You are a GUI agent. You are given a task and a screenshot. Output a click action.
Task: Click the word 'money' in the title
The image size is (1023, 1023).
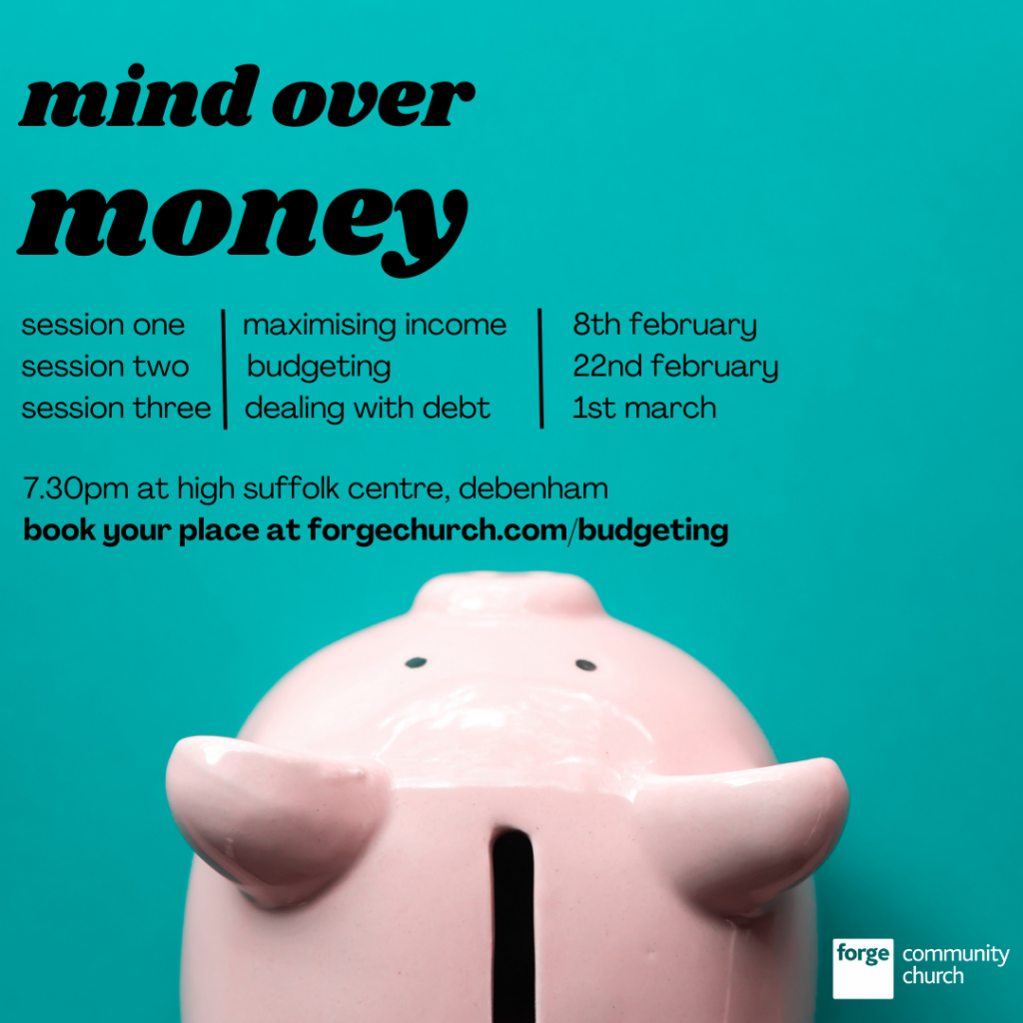pos(243,225)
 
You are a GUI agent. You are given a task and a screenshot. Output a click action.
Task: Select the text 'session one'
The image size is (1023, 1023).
pos(103,325)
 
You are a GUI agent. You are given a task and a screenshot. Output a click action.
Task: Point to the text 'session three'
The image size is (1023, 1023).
pos(116,409)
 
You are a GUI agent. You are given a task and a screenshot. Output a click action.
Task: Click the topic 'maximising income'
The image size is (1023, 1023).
pos(375,325)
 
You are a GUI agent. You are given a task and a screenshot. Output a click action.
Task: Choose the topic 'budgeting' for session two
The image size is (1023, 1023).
pos(319,368)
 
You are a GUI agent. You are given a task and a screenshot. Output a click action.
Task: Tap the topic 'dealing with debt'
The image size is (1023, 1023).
pos(367,409)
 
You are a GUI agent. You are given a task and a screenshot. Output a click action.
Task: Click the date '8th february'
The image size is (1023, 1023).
pos(664,325)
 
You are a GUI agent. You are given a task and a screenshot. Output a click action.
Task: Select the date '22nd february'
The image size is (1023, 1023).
pos(675,367)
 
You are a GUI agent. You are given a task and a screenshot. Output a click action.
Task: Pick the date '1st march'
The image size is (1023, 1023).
pos(644,409)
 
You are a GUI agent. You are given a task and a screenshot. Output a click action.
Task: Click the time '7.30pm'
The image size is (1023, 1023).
pos(76,490)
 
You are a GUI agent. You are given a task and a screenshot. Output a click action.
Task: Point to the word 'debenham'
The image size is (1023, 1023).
pos(533,489)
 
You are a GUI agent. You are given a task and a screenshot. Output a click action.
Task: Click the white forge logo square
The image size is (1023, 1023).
pos(862,968)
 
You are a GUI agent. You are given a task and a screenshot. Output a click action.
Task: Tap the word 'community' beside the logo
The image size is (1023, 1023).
pos(956,955)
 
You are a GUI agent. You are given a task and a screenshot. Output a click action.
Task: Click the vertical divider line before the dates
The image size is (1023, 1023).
pos(540,368)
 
